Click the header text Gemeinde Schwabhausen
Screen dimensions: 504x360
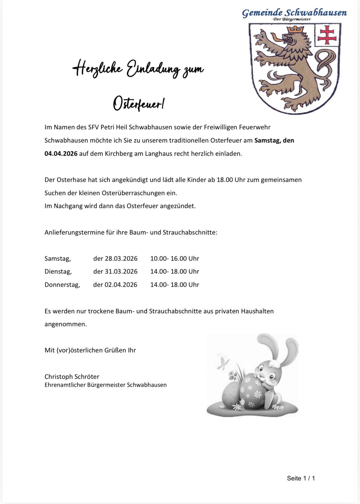294,13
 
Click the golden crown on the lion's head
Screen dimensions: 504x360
295,30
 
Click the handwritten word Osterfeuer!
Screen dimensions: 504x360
138,104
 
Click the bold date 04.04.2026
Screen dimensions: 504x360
61,154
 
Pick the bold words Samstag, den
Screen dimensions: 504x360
274,140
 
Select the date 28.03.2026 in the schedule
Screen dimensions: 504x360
121,258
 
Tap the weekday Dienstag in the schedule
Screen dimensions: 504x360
58,272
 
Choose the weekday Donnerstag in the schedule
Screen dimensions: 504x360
62,285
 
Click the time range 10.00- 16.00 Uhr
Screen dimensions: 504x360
174,258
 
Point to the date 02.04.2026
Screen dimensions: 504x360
121,285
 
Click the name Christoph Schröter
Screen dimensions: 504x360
72,377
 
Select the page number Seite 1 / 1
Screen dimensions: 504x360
301,478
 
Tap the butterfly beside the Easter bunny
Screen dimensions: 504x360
223,362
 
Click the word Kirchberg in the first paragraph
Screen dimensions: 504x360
118,154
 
